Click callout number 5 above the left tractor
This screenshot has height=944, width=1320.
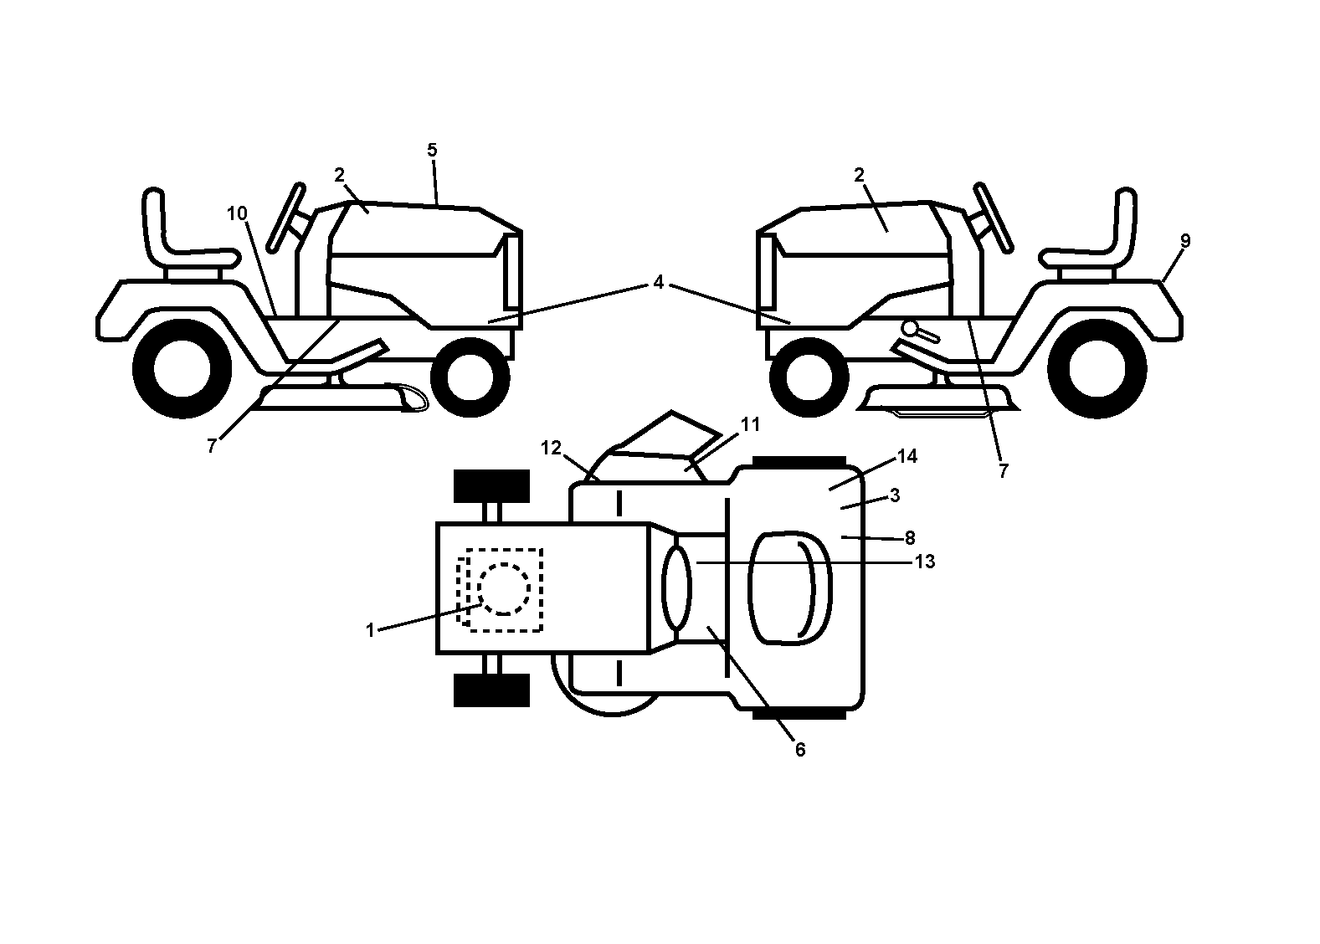click(x=432, y=151)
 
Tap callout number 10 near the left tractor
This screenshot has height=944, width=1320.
click(x=237, y=213)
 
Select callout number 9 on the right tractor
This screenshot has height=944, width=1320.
click(x=1185, y=240)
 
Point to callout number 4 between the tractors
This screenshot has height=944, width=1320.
click(x=658, y=282)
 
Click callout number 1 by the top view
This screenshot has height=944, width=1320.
click(x=370, y=630)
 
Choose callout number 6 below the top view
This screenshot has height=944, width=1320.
click(x=799, y=750)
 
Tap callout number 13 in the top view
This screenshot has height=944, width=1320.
click(x=925, y=562)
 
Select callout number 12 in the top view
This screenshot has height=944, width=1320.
click(x=551, y=448)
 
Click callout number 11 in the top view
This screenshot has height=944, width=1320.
click(x=750, y=424)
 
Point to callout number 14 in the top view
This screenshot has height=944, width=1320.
click(x=907, y=456)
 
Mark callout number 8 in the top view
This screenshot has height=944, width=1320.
click(x=909, y=537)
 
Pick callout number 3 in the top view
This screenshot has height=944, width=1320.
click(x=895, y=495)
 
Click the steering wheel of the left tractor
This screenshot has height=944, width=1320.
click(x=287, y=218)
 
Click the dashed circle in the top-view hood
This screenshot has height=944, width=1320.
click(x=504, y=588)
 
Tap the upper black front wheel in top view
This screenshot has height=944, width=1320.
click(x=491, y=486)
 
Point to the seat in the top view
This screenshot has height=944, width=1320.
click(x=789, y=588)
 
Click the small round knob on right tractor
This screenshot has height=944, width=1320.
click(x=911, y=327)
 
